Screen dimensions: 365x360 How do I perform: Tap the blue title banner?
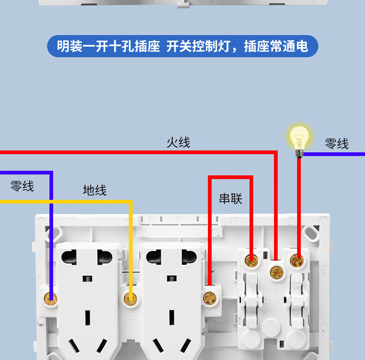click(182, 46)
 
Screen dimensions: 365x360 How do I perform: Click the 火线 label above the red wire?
click(178, 142)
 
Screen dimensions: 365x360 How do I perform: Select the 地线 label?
click(95, 190)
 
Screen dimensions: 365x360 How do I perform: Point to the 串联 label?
click(231, 198)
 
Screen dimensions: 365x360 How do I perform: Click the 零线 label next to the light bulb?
click(337, 144)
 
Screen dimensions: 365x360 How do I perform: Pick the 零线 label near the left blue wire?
click(22, 186)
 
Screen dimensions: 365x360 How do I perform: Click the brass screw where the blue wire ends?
click(50, 299)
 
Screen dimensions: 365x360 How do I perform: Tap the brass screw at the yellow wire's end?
click(130, 299)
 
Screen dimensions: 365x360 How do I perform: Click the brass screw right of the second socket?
click(210, 298)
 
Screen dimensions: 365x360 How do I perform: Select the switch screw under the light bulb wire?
click(297, 261)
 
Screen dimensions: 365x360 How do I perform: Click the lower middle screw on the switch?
click(277, 272)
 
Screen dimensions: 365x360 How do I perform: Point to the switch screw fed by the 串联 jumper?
click(252, 261)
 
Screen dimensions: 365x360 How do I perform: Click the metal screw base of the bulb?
click(299, 154)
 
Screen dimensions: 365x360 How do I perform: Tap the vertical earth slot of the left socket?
click(88, 318)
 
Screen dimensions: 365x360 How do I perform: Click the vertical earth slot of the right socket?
click(172, 318)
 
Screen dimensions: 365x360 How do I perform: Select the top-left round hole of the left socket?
click(69, 257)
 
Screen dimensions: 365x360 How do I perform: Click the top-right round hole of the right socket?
click(189, 257)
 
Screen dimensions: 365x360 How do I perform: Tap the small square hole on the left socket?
click(87, 279)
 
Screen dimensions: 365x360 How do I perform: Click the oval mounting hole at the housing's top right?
click(311, 234)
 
